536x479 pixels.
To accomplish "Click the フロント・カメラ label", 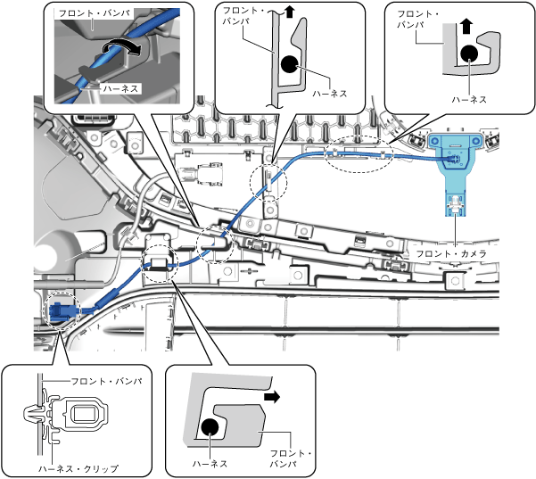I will point(449,252).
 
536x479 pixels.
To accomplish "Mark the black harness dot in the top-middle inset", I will point(288,64).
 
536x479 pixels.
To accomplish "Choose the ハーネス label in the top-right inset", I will point(469,99).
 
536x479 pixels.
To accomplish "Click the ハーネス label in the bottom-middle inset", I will point(210,463).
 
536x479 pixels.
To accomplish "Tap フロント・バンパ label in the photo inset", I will point(85,15).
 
